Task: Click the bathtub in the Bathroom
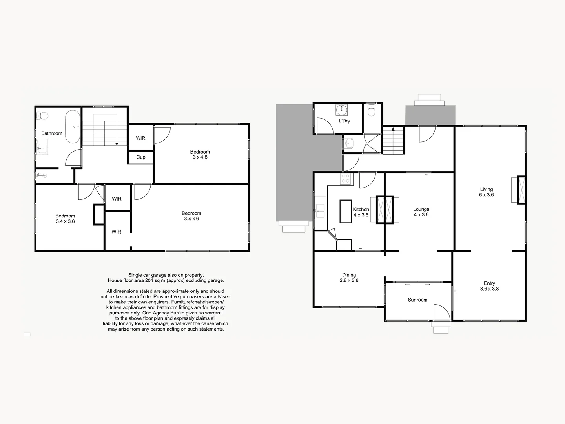(73, 127)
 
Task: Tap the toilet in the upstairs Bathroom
(42, 116)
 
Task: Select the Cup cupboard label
(141, 157)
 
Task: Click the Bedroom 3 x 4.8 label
(200, 154)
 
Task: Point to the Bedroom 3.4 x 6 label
(191, 216)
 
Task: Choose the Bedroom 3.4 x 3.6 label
(65, 219)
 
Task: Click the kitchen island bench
(346, 211)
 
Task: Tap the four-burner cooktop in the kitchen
(345, 179)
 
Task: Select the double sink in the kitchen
(321, 211)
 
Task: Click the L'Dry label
(344, 121)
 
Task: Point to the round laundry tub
(342, 110)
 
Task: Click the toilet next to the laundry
(372, 110)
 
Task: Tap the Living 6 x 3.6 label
(486, 192)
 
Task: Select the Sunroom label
(417, 300)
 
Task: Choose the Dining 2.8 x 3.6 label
(349, 278)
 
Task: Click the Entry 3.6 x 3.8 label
(489, 286)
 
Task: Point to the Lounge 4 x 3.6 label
(421, 212)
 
